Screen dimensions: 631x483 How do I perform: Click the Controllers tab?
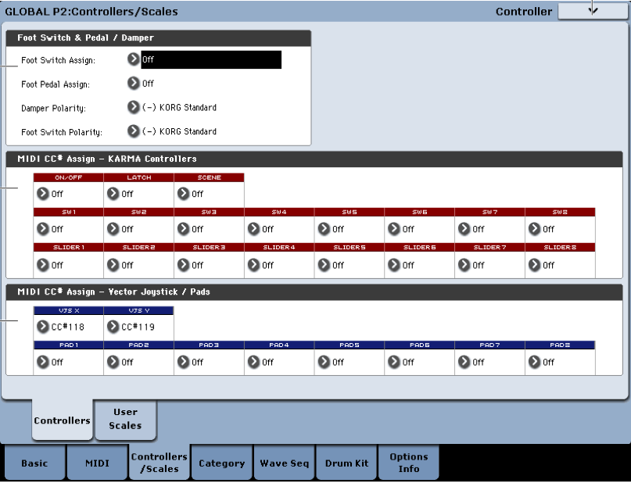point(62,420)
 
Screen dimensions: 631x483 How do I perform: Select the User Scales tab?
point(125,419)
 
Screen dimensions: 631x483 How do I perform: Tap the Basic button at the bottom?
point(34,463)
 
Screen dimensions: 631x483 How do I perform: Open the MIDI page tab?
point(97,463)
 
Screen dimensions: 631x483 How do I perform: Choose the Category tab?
point(222,463)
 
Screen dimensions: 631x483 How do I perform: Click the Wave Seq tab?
point(284,463)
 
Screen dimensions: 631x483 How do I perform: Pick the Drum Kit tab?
point(346,463)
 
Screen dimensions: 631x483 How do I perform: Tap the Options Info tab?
point(409,463)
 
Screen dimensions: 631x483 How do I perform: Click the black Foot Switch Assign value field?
point(211,59)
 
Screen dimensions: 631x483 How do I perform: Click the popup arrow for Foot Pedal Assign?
point(133,84)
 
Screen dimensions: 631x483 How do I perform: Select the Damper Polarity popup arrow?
point(133,107)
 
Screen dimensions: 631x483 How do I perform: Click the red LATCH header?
point(139,177)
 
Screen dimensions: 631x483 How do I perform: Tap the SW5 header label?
point(350,212)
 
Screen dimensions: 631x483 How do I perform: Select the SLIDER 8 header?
point(560,247)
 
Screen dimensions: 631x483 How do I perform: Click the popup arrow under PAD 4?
point(253,362)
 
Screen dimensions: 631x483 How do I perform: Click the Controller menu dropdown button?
point(593,11)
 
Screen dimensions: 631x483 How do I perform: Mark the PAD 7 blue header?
point(489,345)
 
